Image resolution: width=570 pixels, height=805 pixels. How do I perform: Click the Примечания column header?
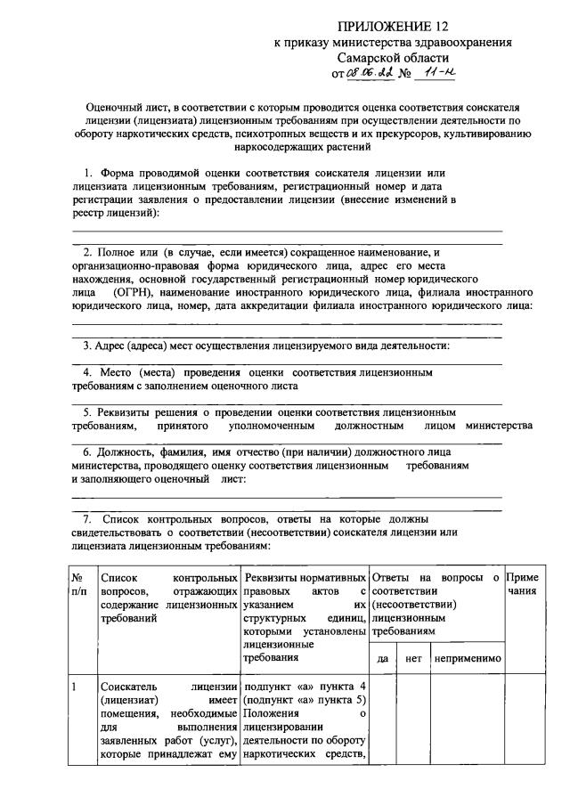(522, 584)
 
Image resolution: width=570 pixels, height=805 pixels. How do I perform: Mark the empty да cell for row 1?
(383, 721)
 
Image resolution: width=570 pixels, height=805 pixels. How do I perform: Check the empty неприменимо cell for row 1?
(467, 721)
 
